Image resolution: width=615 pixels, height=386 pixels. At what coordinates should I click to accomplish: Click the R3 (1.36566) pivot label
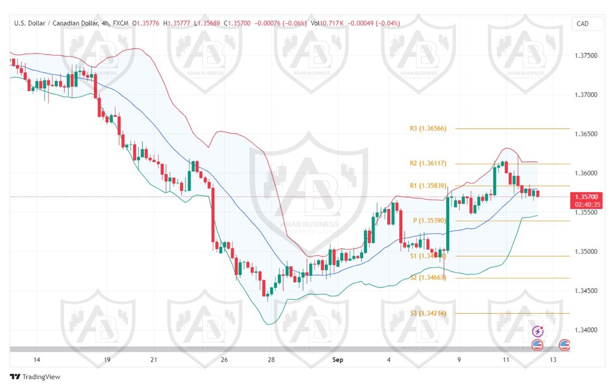point(428,129)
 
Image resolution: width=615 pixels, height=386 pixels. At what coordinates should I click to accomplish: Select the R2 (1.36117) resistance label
point(428,163)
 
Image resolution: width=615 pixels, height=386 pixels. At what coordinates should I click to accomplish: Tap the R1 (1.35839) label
point(428,186)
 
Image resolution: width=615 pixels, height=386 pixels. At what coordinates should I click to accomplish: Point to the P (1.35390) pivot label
point(430,221)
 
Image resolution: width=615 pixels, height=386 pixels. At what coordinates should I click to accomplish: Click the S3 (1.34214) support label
point(428,313)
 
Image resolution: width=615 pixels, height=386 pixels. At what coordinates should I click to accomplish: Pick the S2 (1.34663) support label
point(428,277)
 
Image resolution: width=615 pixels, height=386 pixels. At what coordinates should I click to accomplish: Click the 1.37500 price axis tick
point(586,56)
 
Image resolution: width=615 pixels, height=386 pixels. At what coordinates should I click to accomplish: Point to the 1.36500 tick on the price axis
point(586,134)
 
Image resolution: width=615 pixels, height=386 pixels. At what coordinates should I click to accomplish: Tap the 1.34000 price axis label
point(586,330)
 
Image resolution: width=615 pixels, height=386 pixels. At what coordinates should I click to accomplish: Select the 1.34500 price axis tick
point(586,291)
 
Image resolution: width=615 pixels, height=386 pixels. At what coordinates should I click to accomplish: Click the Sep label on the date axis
point(338,360)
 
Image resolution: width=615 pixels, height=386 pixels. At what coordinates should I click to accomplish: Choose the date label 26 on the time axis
point(224,360)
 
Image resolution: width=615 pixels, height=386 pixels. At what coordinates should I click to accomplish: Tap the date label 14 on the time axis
point(37,360)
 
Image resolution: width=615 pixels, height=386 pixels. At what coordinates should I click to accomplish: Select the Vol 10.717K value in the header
point(327,23)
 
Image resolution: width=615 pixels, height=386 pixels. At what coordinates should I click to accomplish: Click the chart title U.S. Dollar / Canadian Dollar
point(56,23)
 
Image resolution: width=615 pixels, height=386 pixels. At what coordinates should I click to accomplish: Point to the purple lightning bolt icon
point(538,332)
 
